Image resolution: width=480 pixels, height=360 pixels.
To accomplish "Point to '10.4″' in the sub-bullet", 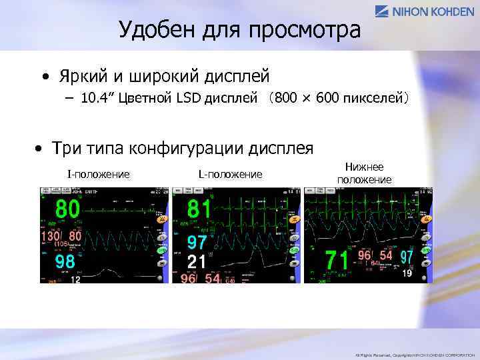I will [97, 99].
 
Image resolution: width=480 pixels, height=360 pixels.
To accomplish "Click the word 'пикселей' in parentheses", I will [374, 99].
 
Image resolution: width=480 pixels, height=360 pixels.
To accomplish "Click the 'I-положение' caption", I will [98, 174].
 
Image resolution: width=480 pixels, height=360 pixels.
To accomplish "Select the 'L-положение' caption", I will [230, 174].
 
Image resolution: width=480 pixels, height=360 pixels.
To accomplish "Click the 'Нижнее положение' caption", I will [364, 174].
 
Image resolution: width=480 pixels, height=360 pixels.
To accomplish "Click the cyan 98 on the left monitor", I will [65, 261].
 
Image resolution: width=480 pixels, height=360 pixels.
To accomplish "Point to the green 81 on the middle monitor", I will [199, 209].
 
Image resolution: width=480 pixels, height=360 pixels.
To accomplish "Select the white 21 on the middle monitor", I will [197, 261].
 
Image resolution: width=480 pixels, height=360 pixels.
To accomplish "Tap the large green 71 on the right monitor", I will [337, 260].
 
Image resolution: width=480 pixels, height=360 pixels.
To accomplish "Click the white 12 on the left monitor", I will [75, 280].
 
